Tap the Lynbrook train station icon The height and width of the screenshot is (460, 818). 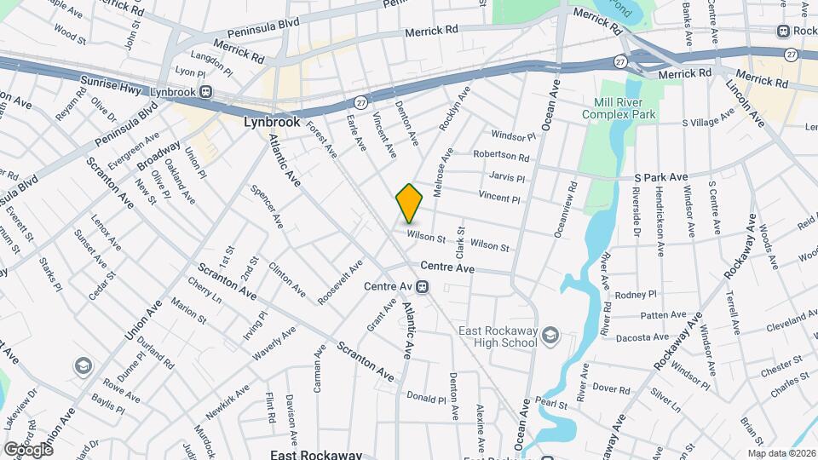click(205, 91)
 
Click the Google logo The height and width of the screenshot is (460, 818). click(27, 449)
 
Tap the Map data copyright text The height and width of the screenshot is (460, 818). click(781, 452)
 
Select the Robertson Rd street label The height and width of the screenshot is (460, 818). click(502, 157)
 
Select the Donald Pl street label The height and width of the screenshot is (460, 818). click(426, 398)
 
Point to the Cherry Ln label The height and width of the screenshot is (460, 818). click(205, 295)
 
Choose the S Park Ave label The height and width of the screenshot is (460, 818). click(660, 177)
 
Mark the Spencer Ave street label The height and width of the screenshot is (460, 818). click(267, 207)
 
